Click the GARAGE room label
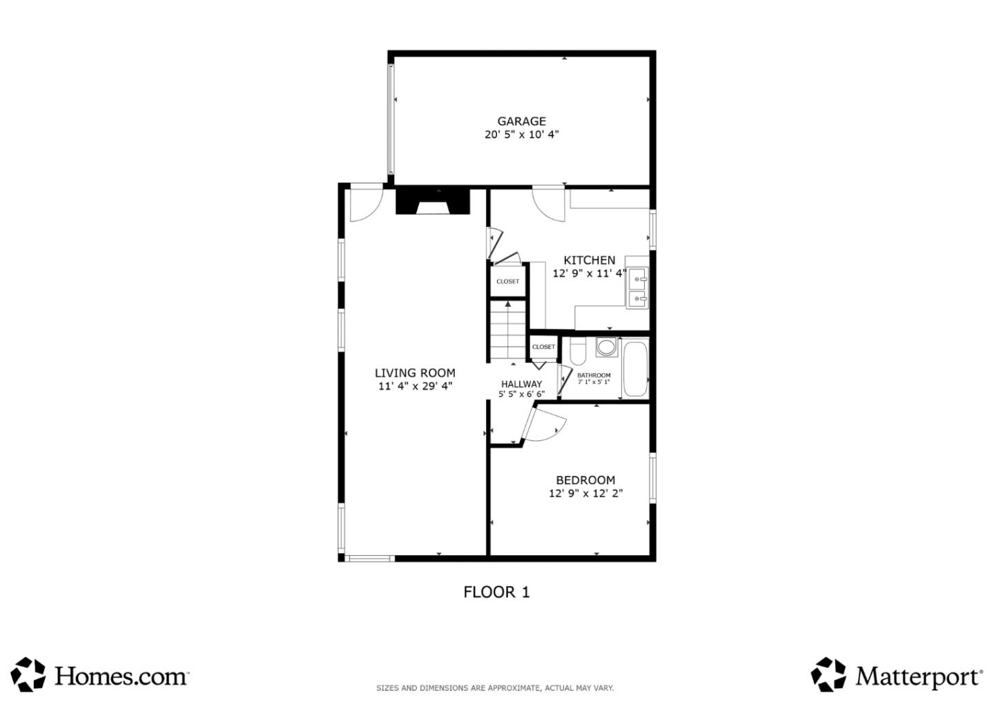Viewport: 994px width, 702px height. [521, 121]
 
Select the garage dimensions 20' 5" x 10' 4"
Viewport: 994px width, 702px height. [521, 134]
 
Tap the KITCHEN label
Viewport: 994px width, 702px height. [589, 260]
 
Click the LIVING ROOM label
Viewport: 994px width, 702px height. [415, 373]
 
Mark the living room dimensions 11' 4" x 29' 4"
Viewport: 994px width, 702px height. [415, 386]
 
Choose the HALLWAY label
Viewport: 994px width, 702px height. [521, 384]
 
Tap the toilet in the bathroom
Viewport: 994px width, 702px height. [578, 351]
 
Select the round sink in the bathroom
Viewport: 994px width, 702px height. [606, 347]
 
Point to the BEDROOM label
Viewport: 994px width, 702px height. [585, 480]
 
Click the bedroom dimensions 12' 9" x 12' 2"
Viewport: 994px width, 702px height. [585, 493]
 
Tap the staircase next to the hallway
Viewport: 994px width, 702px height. [508, 331]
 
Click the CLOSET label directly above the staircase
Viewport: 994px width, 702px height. [507, 281]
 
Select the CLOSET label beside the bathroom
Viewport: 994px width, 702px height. [543, 347]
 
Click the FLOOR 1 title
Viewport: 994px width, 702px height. [496, 592]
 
